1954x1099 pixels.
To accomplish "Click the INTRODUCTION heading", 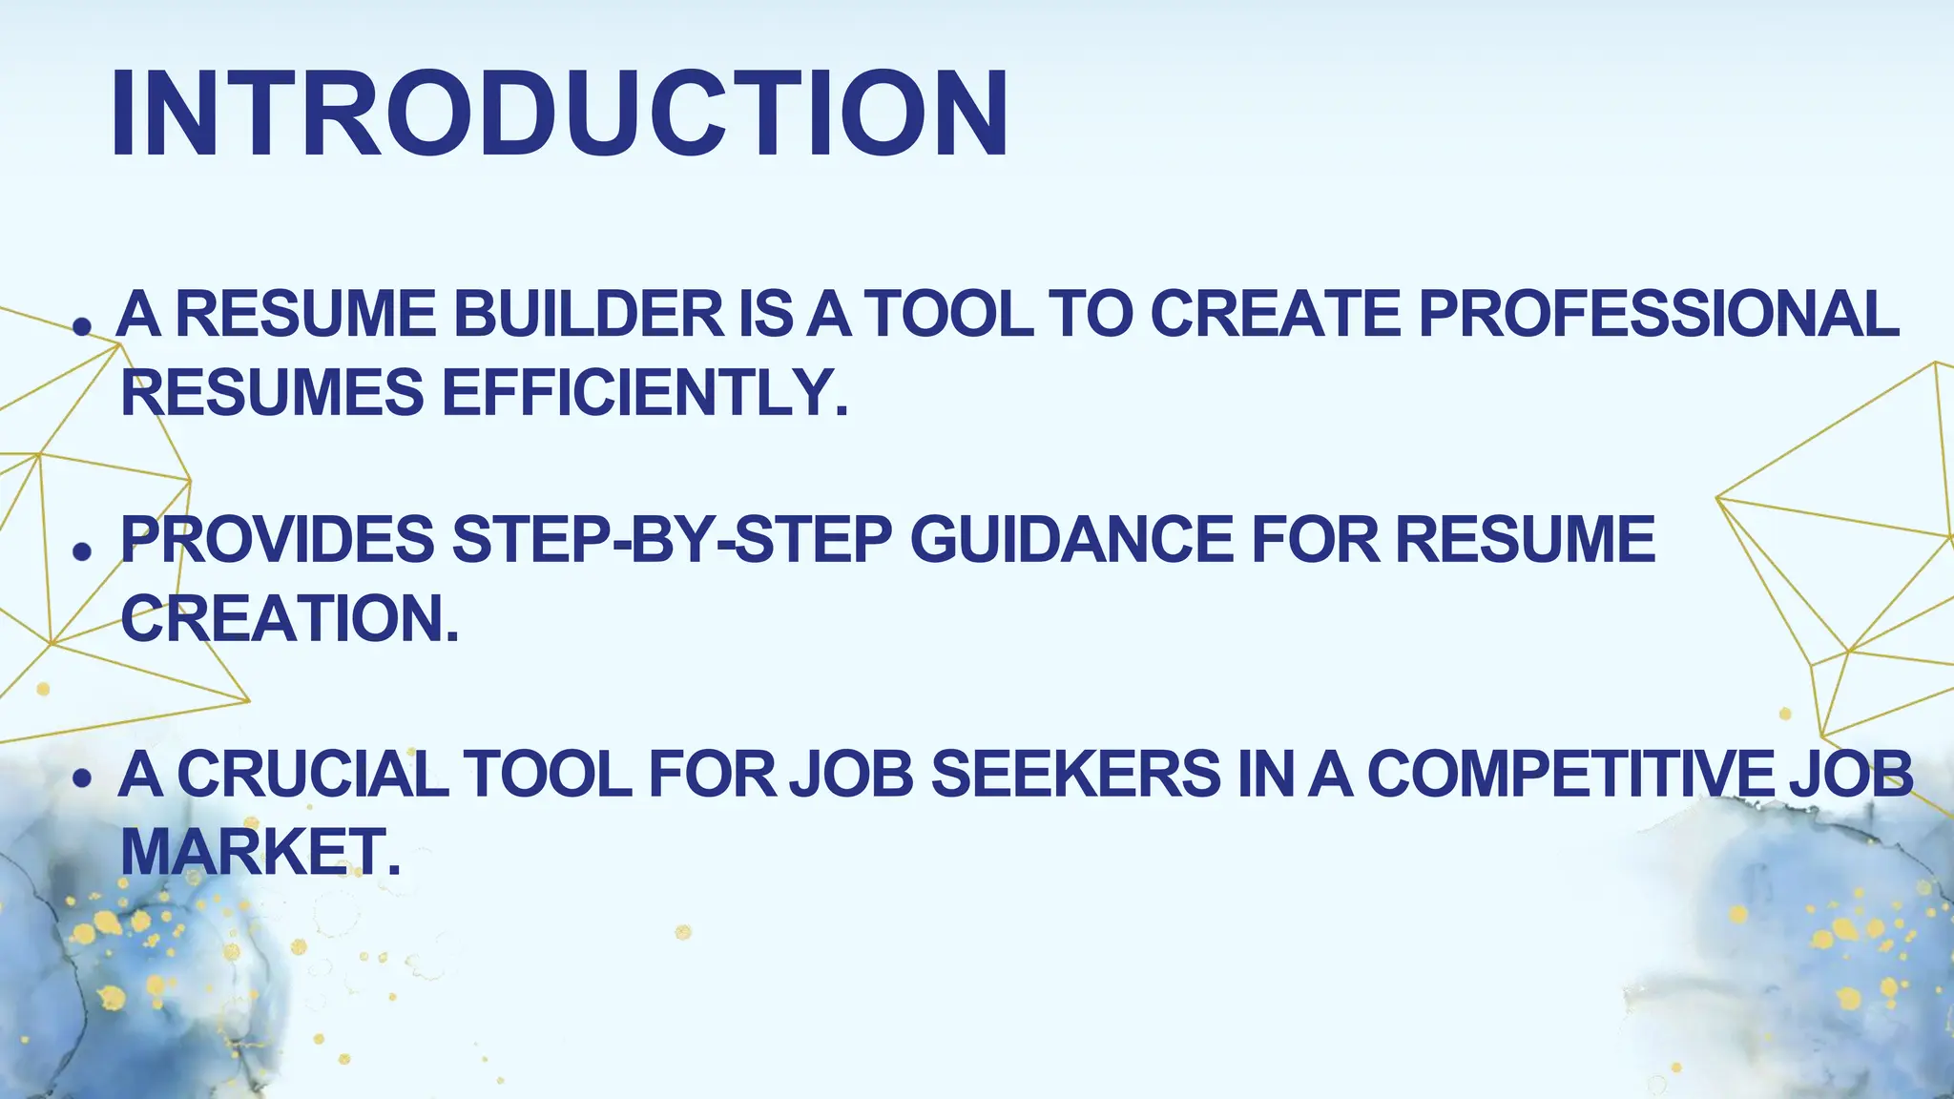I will [559, 114].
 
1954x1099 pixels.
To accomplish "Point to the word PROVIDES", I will [278, 540].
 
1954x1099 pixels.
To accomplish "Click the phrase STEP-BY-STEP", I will [672, 540].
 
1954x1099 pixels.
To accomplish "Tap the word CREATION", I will [290, 618].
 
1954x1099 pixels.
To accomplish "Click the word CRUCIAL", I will [313, 774].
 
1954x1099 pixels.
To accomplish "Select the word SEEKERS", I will [1075, 774].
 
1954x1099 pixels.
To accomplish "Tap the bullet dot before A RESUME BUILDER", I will [83, 327].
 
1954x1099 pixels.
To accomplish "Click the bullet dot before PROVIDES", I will [83, 551].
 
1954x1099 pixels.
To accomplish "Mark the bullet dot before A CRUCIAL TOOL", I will [83, 778].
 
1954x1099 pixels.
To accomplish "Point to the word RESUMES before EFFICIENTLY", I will [273, 393].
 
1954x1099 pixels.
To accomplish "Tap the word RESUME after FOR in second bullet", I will [1525, 540].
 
